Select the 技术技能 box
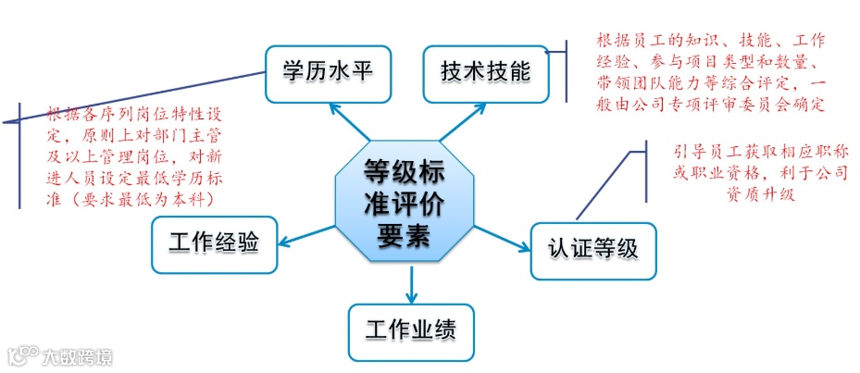point(485,72)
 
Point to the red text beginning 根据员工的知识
point(711,72)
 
